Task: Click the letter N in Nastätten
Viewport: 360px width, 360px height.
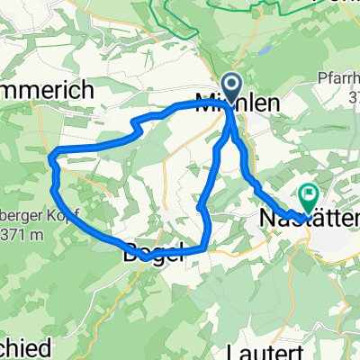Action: click(x=266, y=218)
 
